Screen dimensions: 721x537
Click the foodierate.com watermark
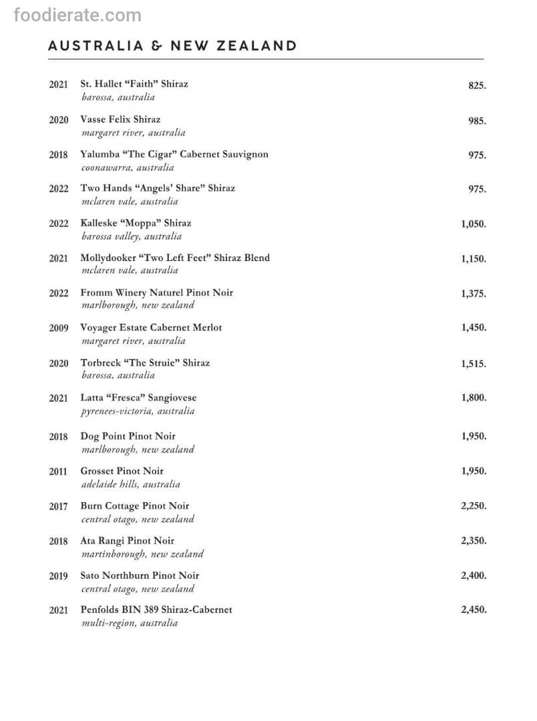click(x=77, y=15)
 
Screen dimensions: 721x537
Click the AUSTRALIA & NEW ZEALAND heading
click(x=172, y=45)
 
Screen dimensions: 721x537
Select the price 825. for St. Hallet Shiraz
click(x=477, y=85)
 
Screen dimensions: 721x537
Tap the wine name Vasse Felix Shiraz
click(x=120, y=119)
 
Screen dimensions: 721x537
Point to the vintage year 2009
click(x=58, y=328)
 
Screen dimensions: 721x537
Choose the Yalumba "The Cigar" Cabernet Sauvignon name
click(x=174, y=154)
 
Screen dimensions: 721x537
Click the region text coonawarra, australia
click(x=127, y=168)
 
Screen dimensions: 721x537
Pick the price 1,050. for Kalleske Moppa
click(x=473, y=224)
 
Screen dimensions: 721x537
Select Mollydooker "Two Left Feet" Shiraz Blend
click(x=175, y=258)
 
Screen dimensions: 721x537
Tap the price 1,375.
click(x=473, y=294)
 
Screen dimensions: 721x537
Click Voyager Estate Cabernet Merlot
click(x=151, y=328)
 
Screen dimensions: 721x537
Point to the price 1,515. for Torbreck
click(x=473, y=364)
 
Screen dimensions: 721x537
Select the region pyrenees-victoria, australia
click(x=138, y=411)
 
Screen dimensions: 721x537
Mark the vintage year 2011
click(x=58, y=472)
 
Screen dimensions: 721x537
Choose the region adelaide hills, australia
click(x=130, y=484)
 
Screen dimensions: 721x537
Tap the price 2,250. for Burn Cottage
click(x=473, y=506)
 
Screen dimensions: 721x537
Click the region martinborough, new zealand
click(x=142, y=554)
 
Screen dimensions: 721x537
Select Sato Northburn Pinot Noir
click(x=140, y=575)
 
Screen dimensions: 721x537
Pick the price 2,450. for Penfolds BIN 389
click(x=473, y=610)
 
